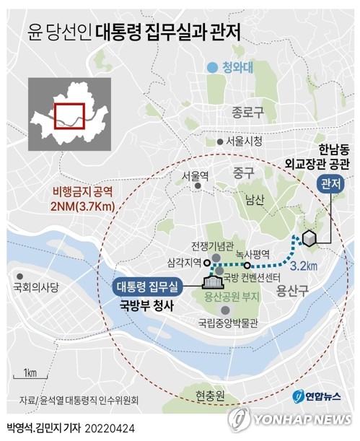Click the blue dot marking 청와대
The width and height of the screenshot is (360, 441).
pos(211,69)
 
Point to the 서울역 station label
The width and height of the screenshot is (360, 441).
pos(195,175)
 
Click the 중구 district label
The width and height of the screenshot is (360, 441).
pos(243,172)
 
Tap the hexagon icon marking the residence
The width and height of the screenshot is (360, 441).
pos(309,237)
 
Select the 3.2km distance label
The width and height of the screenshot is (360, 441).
pos(304,266)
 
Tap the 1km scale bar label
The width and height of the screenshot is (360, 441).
pos(30,372)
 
